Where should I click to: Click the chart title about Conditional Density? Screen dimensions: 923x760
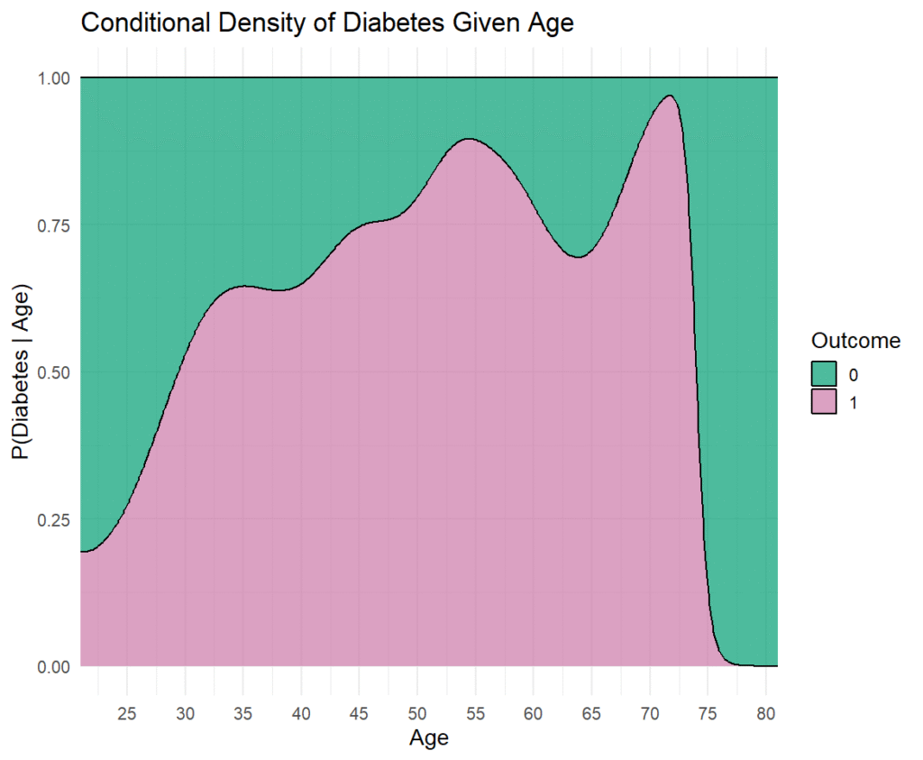(326, 23)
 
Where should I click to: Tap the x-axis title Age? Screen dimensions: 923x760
(428, 738)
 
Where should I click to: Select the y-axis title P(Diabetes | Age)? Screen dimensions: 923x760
(22, 372)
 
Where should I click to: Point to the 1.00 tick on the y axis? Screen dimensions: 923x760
(53, 78)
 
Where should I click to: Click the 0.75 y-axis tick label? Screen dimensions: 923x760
(53, 225)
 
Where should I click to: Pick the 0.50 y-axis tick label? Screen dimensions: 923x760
(53, 372)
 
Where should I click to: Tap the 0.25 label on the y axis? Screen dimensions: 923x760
(53, 520)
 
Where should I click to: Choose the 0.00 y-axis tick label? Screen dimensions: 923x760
(53, 667)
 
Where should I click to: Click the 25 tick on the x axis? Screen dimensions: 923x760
(126, 714)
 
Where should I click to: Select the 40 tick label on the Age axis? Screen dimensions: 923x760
(301, 714)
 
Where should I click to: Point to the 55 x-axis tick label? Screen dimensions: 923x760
(475, 714)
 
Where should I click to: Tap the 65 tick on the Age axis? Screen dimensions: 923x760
(591, 714)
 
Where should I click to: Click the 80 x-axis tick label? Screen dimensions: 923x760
(766, 714)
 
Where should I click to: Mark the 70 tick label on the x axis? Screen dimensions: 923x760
(649, 714)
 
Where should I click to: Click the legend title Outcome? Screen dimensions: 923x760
(855, 340)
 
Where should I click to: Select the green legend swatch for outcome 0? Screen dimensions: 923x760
(824, 374)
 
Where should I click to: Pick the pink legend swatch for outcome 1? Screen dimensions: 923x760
(824, 401)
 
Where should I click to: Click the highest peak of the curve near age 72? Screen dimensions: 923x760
(670, 96)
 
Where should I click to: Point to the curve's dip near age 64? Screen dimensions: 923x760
(579, 257)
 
